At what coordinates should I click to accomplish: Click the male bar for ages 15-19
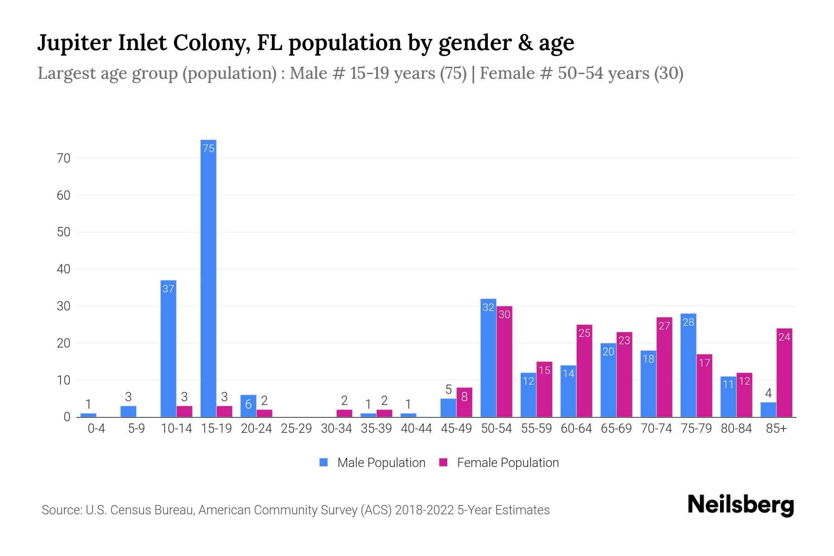208,278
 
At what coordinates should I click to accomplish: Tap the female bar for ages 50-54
504,361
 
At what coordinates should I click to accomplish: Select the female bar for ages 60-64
584,371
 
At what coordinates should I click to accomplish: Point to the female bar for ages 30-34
344,413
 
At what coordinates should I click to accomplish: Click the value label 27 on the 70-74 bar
664,326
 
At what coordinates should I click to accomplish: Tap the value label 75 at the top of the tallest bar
208,148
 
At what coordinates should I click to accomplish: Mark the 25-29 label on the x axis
296,429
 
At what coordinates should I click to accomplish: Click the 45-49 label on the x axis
456,429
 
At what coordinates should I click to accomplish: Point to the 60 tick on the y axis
63,196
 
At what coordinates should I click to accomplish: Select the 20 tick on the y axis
63,343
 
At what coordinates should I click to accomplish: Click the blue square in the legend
323,462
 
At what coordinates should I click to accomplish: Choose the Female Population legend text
507,462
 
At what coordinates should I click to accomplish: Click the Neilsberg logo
740,505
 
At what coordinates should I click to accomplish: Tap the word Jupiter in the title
74,43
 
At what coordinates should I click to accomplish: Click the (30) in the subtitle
669,73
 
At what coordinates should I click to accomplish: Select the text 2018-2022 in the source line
424,510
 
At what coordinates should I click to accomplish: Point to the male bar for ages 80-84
728,397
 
